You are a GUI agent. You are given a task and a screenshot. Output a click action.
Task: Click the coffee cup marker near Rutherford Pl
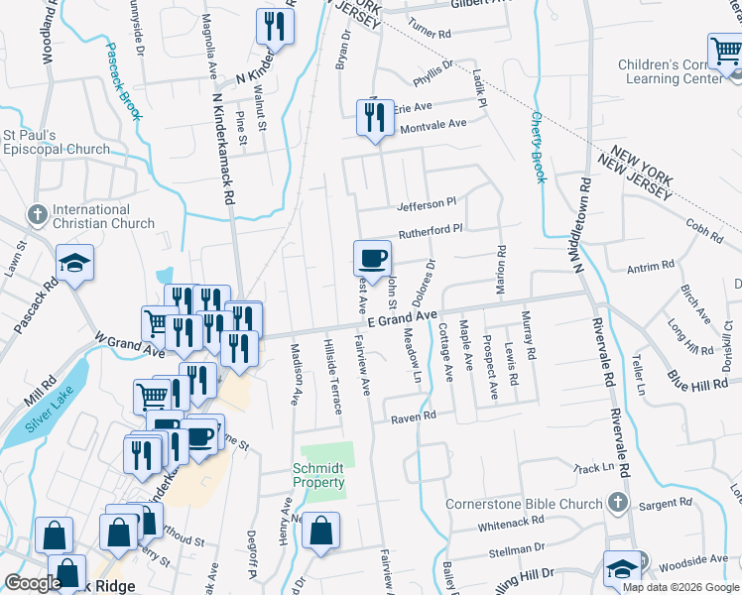point(372,259)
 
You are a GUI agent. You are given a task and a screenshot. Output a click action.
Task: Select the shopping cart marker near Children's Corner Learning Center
point(725,52)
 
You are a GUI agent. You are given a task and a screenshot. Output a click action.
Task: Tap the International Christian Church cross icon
point(37,213)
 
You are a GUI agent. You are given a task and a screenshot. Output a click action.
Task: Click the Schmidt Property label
point(318,475)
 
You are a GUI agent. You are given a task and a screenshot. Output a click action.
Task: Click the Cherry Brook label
point(539,145)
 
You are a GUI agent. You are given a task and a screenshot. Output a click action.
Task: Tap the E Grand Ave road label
point(402,318)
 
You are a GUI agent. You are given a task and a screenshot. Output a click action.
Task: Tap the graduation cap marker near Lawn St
point(74,263)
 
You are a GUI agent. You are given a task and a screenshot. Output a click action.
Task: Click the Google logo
point(33,583)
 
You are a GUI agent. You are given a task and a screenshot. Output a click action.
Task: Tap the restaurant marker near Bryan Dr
point(275,27)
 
